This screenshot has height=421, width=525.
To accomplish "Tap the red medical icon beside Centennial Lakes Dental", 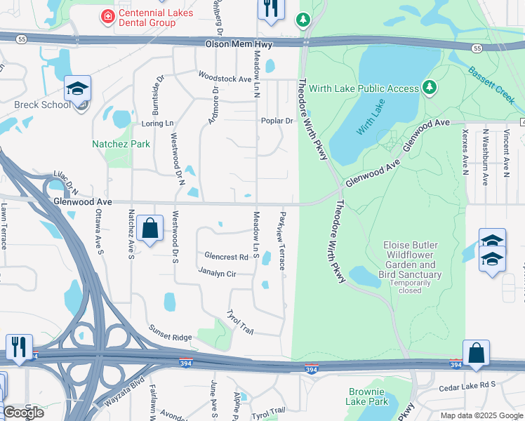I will (107, 15).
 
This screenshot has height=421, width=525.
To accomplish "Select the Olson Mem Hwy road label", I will (238, 44).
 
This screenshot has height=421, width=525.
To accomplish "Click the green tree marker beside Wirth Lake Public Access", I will (429, 88).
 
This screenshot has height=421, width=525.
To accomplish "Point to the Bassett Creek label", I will (491, 81).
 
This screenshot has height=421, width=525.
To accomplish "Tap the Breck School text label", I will (42, 105).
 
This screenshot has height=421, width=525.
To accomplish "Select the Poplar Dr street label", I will (277, 121).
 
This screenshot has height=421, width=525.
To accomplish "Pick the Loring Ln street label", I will (157, 123).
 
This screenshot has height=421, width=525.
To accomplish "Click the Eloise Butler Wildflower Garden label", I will (411, 260).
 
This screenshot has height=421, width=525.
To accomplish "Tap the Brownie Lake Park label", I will (366, 397).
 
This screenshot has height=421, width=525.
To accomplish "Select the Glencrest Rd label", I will (226, 257).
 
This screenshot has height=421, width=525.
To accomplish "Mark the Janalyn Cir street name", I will (217, 272).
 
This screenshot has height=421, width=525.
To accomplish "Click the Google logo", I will (23, 412).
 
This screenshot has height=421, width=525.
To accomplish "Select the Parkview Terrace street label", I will (282, 241).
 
